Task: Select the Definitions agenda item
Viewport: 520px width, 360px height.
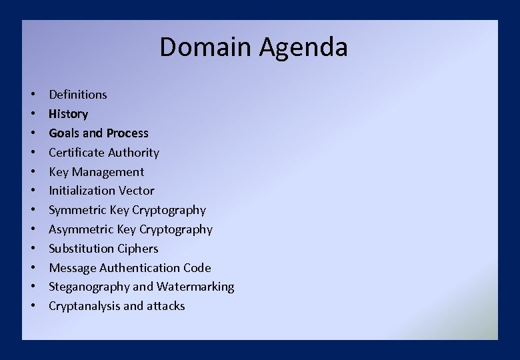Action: [77, 95]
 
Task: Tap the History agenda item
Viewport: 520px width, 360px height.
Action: [68, 114]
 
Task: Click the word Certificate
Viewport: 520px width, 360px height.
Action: [76, 153]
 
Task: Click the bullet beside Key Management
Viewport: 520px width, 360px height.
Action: [33, 172]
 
